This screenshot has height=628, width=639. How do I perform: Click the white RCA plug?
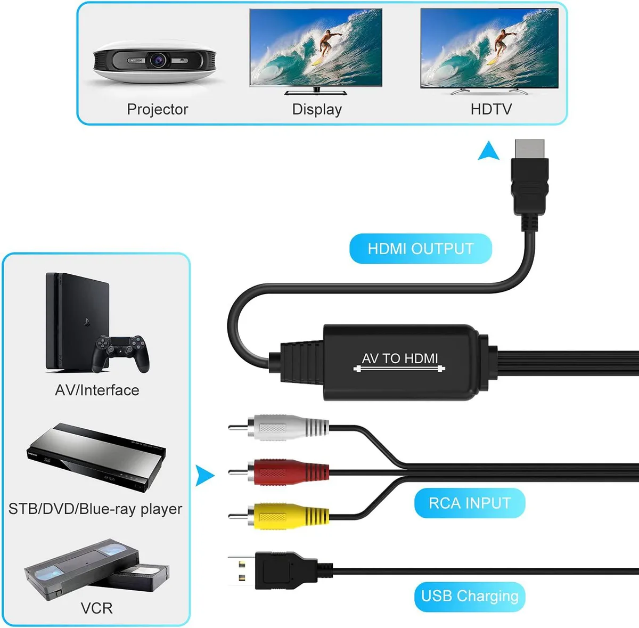coord(278,427)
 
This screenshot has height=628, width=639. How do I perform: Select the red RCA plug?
coord(278,471)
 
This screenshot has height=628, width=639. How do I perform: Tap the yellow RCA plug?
coord(278,516)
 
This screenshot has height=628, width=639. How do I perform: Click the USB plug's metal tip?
coord(242,570)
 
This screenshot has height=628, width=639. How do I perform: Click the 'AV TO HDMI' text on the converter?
coord(399,358)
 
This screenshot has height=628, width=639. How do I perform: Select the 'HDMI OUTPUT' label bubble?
coord(421,249)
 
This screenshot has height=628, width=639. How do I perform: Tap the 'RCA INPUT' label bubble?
coord(470,503)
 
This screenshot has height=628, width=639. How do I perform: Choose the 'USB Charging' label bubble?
coord(470,596)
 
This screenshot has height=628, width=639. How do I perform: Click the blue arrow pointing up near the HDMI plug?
coord(489,151)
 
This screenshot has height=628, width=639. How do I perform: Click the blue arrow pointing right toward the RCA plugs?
coord(204,476)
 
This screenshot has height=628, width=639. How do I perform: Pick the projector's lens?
coord(158,60)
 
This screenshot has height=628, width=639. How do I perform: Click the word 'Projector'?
coord(158,110)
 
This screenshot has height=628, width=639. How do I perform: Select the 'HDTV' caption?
coord(491,109)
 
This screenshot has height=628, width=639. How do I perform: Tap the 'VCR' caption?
coord(96,608)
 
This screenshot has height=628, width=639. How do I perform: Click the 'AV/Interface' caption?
coord(97,390)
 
